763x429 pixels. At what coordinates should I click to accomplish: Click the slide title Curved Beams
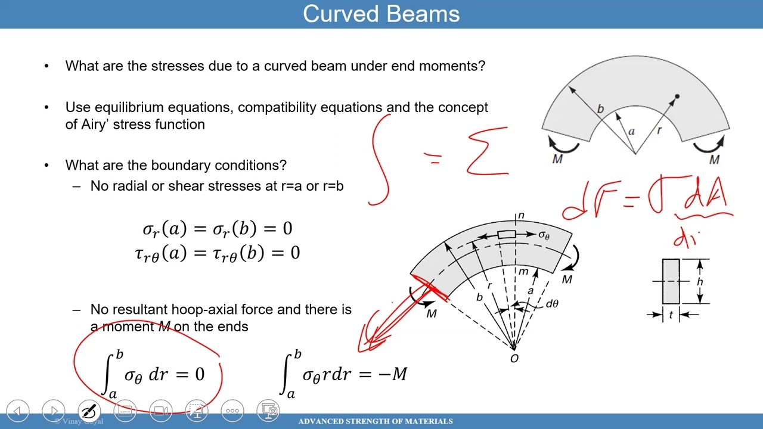[x=381, y=14]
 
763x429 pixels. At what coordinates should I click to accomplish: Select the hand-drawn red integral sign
[x=380, y=160]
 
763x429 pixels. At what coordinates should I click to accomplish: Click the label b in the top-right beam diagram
[x=600, y=109]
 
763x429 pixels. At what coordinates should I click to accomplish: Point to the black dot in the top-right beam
[x=677, y=97]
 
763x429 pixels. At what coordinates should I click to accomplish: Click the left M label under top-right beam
[x=557, y=160]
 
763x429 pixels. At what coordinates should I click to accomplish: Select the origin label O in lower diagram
[x=514, y=358]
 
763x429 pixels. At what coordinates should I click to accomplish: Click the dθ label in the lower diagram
[x=552, y=304]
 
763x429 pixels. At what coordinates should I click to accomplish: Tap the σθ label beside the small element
[x=544, y=235]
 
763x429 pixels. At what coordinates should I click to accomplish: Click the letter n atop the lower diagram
[x=520, y=215]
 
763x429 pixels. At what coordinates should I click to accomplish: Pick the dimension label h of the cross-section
[x=699, y=281]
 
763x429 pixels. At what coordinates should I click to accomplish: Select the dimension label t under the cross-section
[x=671, y=315]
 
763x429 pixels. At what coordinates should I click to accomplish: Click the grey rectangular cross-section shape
[x=671, y=281]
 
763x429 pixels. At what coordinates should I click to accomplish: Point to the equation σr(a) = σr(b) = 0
[x=217, y=229]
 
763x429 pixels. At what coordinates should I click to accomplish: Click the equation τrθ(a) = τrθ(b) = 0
[x=217, y=253]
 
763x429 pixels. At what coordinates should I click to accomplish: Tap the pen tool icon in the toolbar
[x=89, y=411]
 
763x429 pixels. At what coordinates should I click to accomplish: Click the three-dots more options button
[x=232, y=411]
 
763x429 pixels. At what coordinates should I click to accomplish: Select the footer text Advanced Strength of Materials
[x=376, y=421]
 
